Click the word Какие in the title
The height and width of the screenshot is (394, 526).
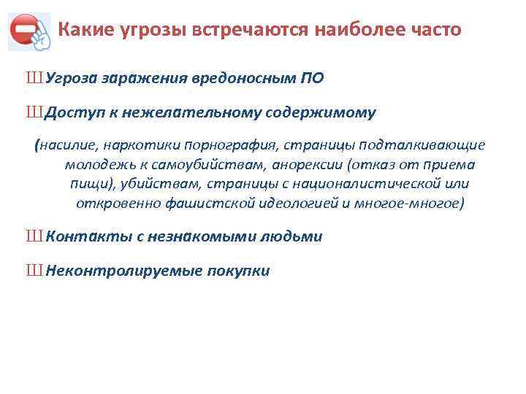(x=81, y=31)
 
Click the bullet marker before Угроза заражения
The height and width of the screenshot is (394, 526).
(x=34, y=78)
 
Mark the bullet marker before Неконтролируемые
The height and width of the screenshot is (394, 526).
(x=34, y=271)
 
